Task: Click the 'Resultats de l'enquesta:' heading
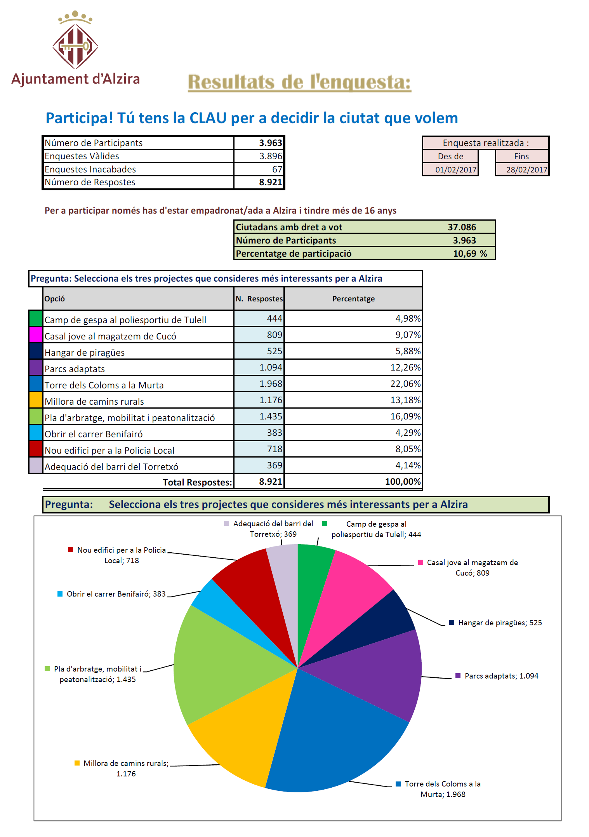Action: [x=299, y=82]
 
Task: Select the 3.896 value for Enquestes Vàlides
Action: [x=271, y=156]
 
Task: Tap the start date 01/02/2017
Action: [x=455, y=170]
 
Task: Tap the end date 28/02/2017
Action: [x=526, y=170]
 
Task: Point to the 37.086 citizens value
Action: [x=462, y=227]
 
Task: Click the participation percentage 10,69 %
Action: [x=470, y=254]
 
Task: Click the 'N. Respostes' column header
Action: [x=259, y=299]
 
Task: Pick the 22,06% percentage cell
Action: [x=405, y=384]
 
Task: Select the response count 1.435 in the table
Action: [x=271, y=416]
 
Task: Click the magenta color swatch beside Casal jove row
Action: [x=36, y=335]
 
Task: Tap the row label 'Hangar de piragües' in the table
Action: [x=85, y=353]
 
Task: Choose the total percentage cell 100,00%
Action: [x=403, y=482]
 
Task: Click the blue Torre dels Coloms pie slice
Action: [x=334, y=738]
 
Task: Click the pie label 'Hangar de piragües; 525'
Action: [x=500, y=623]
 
